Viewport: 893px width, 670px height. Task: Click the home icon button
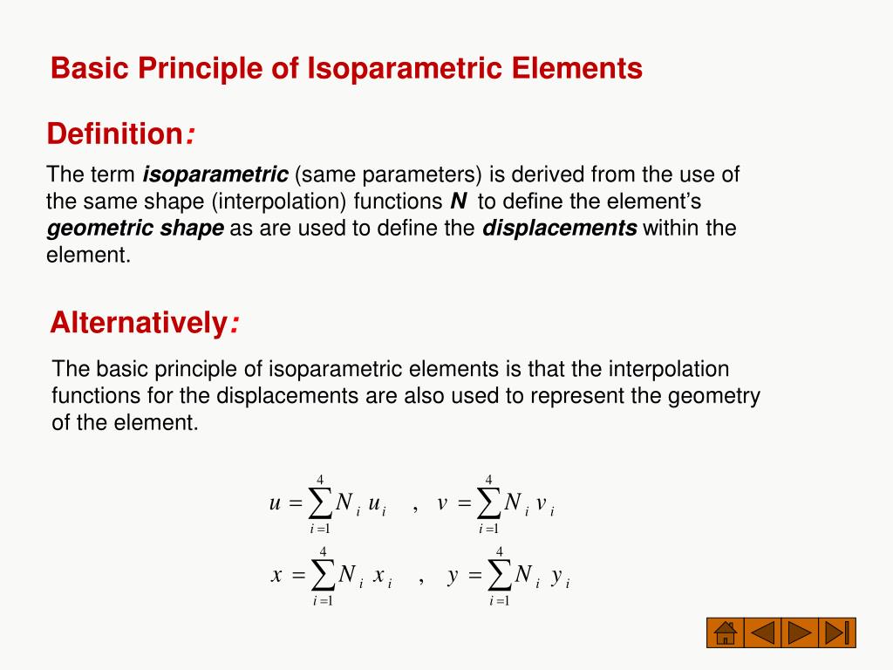coord(723,632)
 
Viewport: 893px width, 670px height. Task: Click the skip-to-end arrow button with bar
coord(838,632)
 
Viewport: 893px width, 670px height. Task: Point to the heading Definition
coord(113,134)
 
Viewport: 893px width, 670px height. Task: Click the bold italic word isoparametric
coord(215,174)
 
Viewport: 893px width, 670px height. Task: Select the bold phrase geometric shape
coord(135,229)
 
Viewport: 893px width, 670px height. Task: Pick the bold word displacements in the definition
coord(560,229)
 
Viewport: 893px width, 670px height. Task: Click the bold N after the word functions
coord(458,202)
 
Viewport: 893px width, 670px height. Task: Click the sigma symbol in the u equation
coord(320,503)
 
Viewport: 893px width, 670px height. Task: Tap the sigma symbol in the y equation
coord(500,576)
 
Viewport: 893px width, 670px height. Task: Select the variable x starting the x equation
coord(276,576)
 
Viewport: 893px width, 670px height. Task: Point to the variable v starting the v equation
coord(442,503)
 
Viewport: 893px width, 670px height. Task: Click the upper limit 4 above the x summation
coord(324,551)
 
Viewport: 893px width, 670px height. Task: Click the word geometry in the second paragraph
coord(714,395)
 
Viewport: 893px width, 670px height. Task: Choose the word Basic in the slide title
coord(83,68)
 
